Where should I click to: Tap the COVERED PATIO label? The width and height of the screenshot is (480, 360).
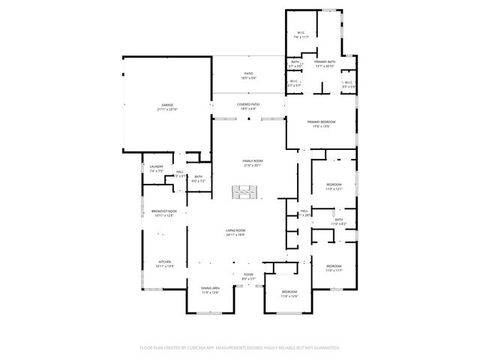click(x=248, y=105)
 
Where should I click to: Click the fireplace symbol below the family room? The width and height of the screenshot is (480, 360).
click(x=244, y=193)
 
